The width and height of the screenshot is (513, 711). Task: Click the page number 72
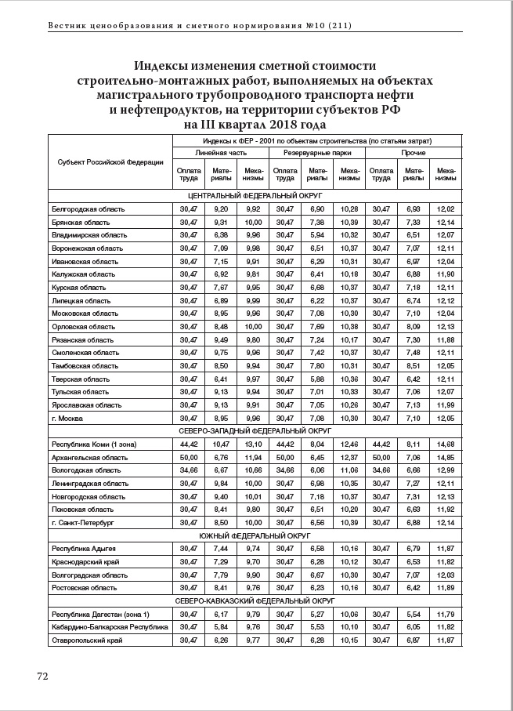tap(43, 677)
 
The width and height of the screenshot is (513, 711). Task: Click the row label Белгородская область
tap(88, 209)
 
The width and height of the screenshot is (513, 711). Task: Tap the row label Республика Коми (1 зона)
tap(93, 444)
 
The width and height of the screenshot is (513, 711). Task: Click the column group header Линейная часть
tap(221, 154)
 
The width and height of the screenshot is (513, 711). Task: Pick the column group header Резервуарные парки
tap(316, 154)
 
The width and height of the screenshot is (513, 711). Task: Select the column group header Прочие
tap(413, 154)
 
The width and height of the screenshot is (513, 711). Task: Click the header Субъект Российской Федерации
tap(110, 162)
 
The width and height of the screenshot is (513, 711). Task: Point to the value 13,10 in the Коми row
tap(253, 444)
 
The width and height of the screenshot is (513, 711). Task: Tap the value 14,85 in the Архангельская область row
tap(445, 457)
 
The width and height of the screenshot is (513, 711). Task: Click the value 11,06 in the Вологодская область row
tap(349, 470)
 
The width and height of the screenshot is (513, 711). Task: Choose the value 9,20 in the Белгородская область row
tap(221, 209)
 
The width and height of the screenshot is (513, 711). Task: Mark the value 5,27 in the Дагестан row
tap(316, 614)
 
